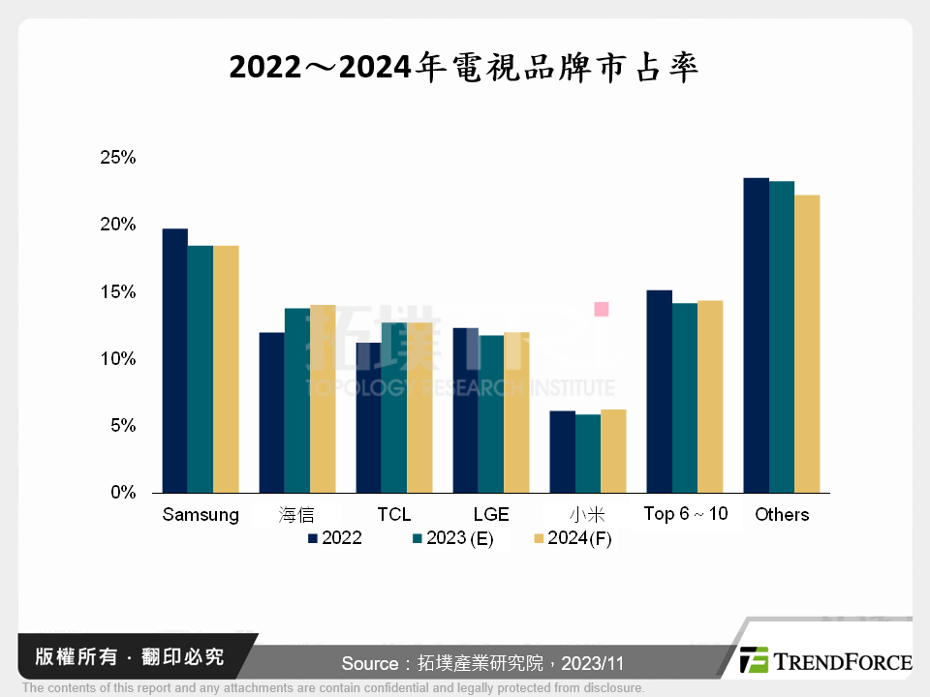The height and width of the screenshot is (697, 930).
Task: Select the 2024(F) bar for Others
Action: pos(807,344)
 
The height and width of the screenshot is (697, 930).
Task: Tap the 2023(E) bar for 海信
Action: pos(296,401)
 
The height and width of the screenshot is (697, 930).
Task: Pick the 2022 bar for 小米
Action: pos(562,452)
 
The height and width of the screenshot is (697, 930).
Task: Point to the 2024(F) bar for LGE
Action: pos(516,412)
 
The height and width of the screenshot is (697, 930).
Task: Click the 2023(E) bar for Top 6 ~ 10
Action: pos(684,398)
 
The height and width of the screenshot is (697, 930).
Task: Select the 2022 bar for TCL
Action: pos(368,417)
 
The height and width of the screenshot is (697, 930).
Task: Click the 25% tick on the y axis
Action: pos(117,158)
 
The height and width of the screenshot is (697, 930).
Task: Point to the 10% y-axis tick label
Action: pos(117,359)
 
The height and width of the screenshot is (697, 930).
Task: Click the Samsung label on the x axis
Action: pos(201,515)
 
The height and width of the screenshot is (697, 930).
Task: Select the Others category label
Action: pos(782,515)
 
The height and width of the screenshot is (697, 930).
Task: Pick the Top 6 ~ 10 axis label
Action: pos(686,514)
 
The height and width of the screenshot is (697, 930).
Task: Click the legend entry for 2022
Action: pos(335,539)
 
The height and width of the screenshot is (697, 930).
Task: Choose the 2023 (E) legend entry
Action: pos(453,539)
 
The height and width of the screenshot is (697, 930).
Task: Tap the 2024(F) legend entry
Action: pos(573,539)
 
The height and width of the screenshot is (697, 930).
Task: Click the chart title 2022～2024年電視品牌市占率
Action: pos(464,69)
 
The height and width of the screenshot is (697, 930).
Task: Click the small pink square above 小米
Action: pos(601,309)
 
